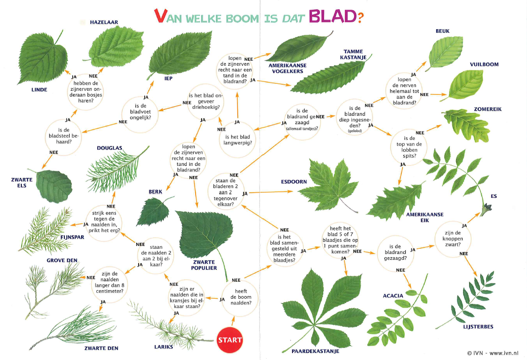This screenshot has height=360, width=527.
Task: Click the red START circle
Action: click(x=230, y=340)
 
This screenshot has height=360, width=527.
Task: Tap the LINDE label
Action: click(x=39, y=89)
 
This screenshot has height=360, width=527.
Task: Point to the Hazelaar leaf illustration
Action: click(x=116, y=46)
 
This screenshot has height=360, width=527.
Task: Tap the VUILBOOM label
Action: click(x=484, y=64)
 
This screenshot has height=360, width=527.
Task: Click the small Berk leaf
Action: click(x=154, y=211)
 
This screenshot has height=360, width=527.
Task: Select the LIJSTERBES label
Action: click(x=478, y=327)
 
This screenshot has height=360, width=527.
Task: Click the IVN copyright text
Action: click(x=493, y=353)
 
